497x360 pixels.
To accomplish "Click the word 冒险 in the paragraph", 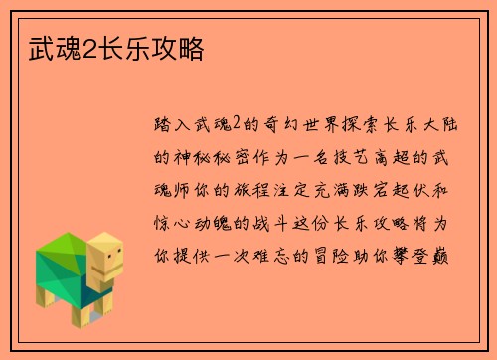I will click(x=361, y=254).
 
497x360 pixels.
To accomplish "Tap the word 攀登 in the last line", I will click(x=422, y=254).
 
